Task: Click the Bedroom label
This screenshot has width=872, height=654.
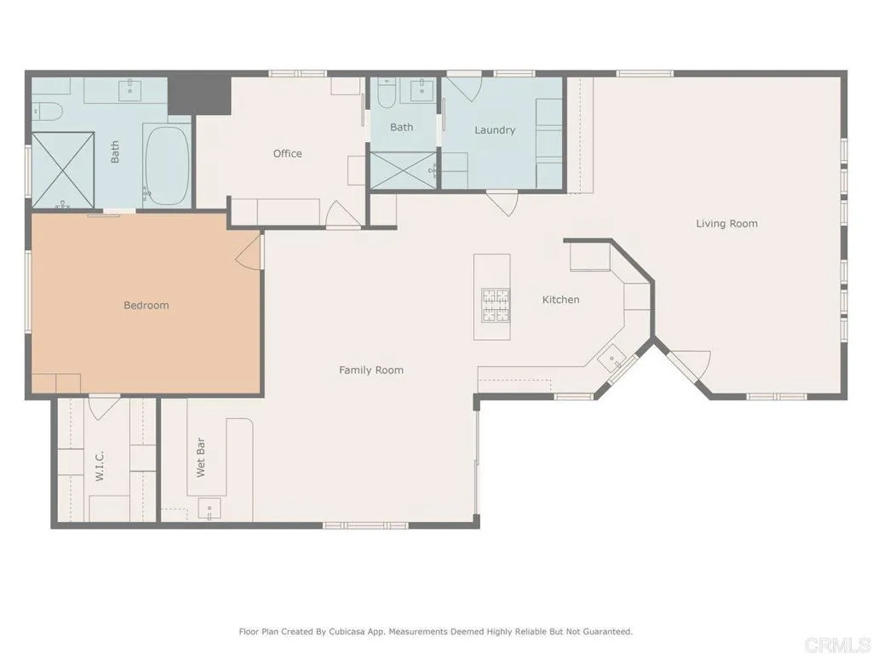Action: coord(146,305)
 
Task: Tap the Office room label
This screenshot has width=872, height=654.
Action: coord(287,153)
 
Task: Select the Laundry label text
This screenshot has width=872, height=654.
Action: coord(495,130)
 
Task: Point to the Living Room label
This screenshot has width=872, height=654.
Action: coord(726,224)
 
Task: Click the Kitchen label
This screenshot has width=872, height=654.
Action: coord(561,300)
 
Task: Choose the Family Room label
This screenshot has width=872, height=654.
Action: coord(371,370)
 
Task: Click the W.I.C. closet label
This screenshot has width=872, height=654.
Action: coord(100,467)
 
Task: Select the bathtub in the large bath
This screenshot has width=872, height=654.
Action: coord(167,165)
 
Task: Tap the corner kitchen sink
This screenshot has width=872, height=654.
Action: coord(612,359)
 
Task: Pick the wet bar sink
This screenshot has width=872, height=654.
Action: coord(209,510)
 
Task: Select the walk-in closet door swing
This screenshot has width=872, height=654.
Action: coord(103,406)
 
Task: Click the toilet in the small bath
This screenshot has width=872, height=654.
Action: coord(386,94)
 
